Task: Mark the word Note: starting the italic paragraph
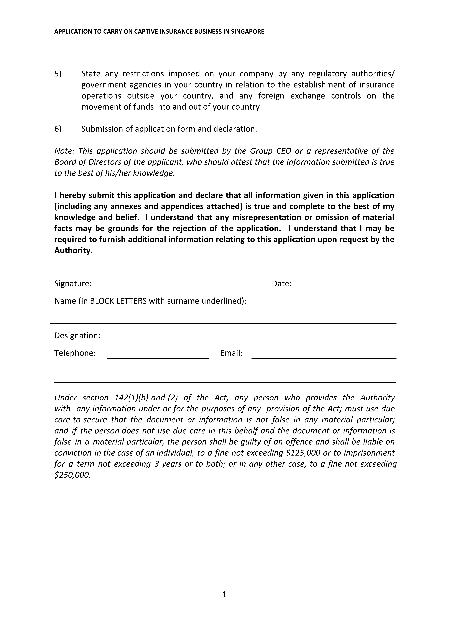click(64, 151)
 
